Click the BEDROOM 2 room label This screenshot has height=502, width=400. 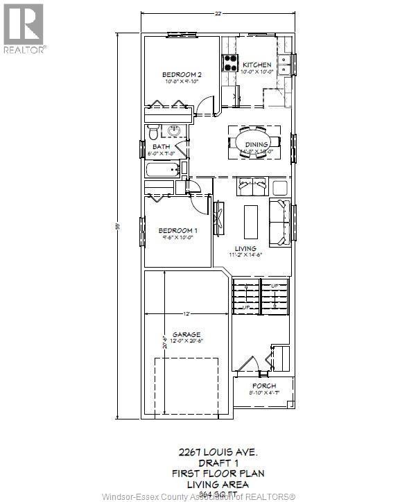(x=182, y=75)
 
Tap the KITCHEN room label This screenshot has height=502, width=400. (x=256, y=64)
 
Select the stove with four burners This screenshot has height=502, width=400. (x=229, y=63)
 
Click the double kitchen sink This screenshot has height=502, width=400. (x=285, y=64)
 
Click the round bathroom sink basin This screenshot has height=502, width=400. (x=175, y=130)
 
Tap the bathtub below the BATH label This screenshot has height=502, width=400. (x=162, y=170)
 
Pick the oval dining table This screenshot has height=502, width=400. (x=254, y=141)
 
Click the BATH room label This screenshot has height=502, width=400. (x=161, y=146)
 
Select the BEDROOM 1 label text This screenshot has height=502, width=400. (x=177, y=230)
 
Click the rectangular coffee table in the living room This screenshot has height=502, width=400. (x=250, y=221)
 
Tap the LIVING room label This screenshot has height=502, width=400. (x=245, y=248)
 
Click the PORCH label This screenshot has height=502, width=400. (x=264, y=386)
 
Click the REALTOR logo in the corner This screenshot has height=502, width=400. (x=24, y=28)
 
